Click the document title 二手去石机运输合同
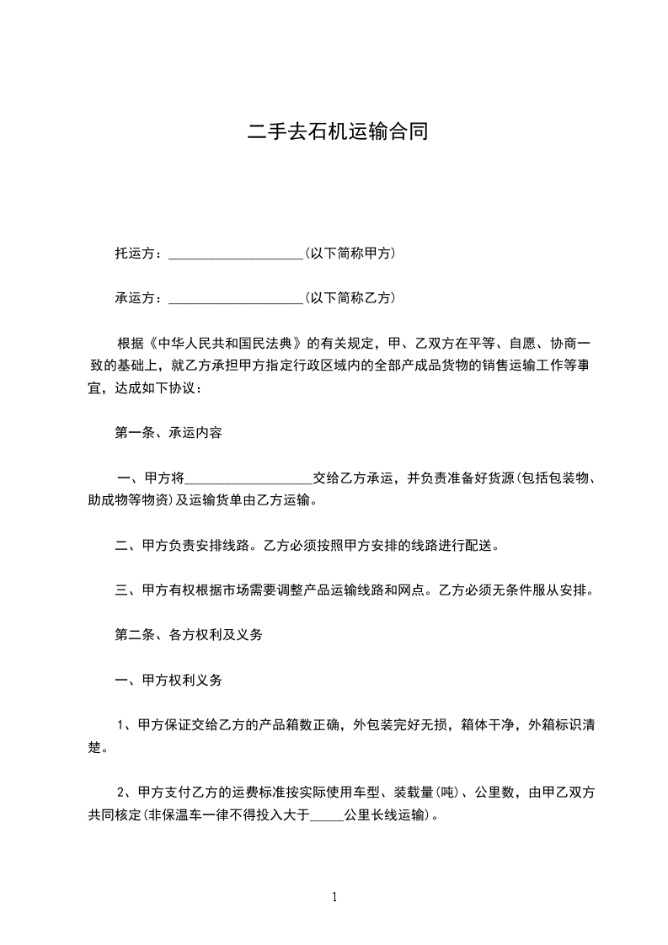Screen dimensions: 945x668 pos(334,132)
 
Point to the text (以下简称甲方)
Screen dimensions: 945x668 pos(350,254)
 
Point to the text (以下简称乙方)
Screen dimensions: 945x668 pos(350,298)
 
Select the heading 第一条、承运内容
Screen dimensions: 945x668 pos(168,433)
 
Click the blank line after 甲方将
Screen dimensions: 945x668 pos(248,479)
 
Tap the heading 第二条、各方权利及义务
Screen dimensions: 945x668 pos(189,635)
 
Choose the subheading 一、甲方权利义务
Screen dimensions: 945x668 pos(168,681)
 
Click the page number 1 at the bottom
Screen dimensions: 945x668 pos(334,898)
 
